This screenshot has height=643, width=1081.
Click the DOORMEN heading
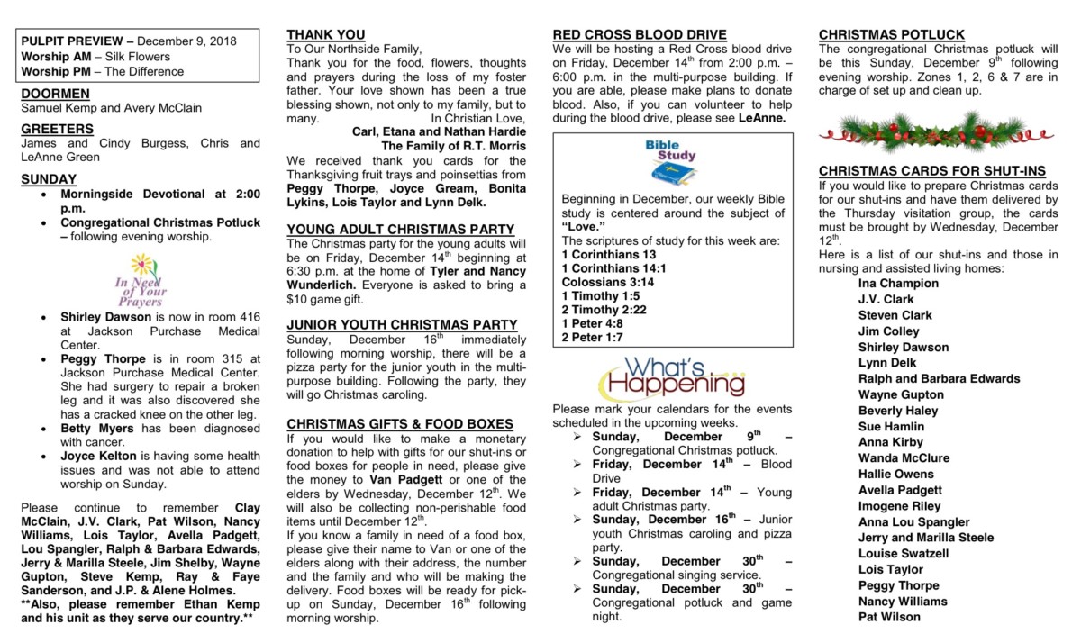pos(55,94)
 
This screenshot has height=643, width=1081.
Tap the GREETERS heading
pos(57,129)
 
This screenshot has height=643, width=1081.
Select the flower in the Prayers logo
pos(141,264)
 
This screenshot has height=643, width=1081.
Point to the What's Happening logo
pos(672,377)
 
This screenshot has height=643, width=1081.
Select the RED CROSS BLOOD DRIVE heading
pos(640,35)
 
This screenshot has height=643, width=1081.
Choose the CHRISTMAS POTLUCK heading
pos(892,35)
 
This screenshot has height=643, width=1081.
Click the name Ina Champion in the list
pos(898,284)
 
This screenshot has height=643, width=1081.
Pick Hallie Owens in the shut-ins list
pos(895,475)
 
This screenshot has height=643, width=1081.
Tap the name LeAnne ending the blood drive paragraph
pos(762,117)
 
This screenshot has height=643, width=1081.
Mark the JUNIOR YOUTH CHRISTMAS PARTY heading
pos(402,325)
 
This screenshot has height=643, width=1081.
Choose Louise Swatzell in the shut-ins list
pos(904,554)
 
